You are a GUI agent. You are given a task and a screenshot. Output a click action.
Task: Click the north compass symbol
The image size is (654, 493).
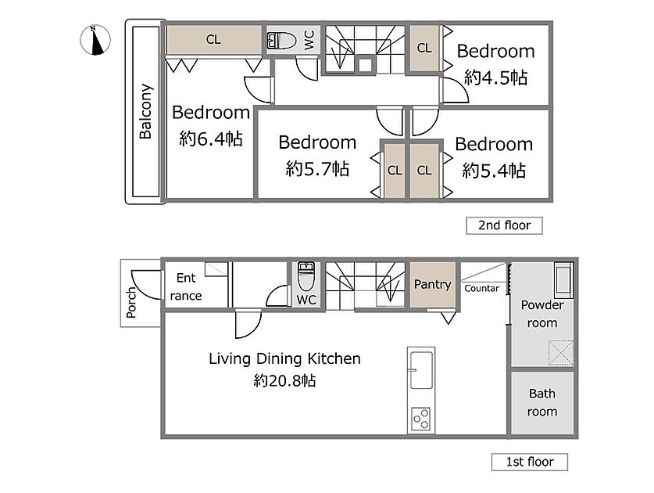point(95,40)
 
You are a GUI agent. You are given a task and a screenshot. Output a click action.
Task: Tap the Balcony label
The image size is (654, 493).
point(145,111)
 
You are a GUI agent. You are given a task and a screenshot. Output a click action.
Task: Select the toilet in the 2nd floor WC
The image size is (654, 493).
point(281,41)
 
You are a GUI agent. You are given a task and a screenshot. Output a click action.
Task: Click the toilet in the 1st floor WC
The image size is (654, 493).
point(306,276)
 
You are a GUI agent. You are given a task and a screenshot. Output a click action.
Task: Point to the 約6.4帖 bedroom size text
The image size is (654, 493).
point(211,139)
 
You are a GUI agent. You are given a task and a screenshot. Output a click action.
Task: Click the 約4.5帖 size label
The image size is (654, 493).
point(496,77)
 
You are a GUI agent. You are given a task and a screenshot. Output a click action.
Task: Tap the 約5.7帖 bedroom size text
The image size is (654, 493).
point(317,169)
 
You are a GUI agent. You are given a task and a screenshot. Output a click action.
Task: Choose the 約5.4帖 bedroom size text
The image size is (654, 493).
point(494,171)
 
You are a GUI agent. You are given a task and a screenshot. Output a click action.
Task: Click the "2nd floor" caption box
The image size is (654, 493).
point(504,225)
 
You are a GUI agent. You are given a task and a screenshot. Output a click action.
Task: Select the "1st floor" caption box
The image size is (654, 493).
point(530,462)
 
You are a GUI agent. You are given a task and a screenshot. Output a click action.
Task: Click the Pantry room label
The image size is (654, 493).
point(433,285)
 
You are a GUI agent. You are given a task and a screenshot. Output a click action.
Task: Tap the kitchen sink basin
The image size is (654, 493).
point(421,370)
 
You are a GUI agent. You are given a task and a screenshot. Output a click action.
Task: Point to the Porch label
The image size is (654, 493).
point(131,303)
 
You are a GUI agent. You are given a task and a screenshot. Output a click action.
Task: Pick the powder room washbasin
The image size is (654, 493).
point(564,280)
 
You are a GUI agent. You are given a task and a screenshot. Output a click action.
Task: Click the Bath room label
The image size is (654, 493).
point(542,402)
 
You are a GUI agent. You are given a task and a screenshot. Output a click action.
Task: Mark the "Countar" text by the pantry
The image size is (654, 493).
point(482,288)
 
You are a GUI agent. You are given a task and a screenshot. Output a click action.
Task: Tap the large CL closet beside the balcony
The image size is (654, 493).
point(214,40)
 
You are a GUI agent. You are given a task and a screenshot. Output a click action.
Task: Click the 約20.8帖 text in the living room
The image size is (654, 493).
point(284,380)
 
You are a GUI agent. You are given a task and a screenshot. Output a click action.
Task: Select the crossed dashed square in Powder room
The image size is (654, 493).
point(560,353)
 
